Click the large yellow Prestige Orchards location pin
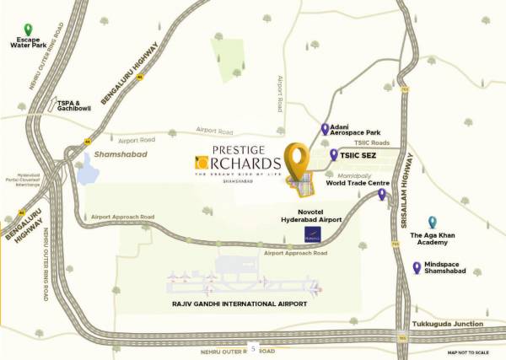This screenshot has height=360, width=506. [x=295, y=160]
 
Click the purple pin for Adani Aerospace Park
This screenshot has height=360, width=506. [x=326, y=129]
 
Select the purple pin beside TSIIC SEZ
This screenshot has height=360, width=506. [x=334, y=154]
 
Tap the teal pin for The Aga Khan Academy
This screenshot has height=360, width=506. [x=432, y=222]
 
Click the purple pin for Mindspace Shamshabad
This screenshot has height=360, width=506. [x=417, y=267]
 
